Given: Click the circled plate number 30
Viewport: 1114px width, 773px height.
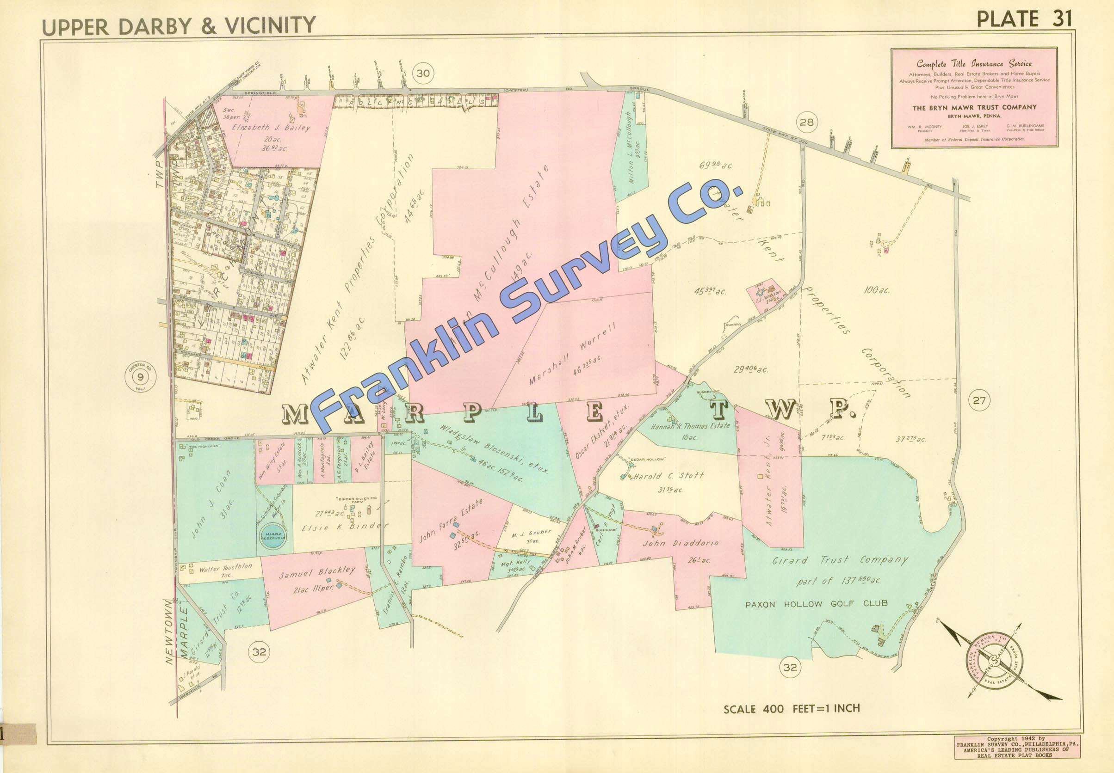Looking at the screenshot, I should coord(423,74).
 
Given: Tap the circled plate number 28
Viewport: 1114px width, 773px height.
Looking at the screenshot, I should coord(807,123).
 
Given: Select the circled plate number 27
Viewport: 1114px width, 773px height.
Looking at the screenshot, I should coord(979,400).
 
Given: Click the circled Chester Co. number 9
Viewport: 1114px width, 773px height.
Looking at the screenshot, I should coord(140,376).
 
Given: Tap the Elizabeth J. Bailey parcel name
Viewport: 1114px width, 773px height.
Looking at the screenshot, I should coord(272,129).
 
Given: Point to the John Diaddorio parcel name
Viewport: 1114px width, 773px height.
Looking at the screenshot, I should coord(680,543).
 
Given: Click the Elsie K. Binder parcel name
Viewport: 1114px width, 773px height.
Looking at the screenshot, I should coord(352,527).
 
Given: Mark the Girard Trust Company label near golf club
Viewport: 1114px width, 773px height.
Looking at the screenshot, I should coord(840,560).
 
